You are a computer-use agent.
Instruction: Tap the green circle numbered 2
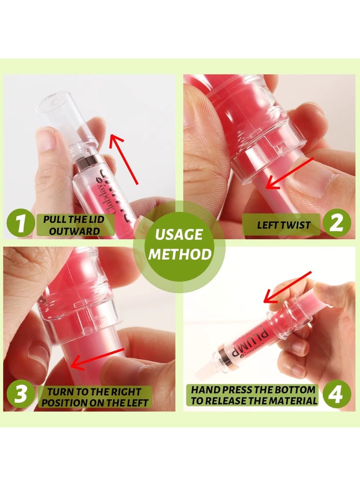pos(338,224)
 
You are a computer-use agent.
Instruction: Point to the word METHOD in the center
pos(180,254)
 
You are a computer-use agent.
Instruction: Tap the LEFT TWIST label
pos(283,225)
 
